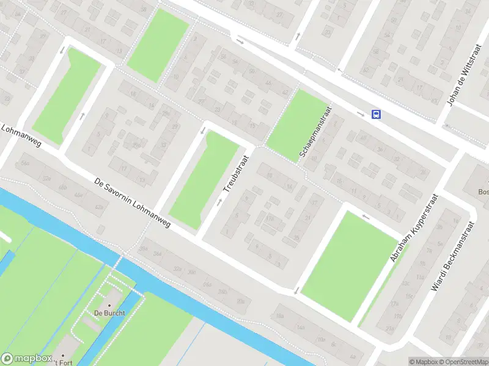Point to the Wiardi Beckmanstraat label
453,255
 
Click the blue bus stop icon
376,114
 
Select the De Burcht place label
109,314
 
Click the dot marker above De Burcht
110,305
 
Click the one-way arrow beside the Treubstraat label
219,201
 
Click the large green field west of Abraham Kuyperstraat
348,265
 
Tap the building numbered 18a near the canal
280,316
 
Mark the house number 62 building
366,70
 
